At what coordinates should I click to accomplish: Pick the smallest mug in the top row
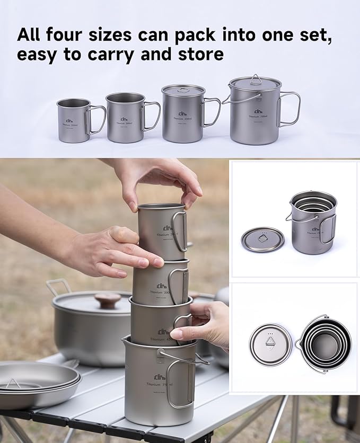pos(74,120)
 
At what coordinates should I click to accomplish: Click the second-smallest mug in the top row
pos(125,118)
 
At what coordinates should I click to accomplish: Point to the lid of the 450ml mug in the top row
pos(183,90)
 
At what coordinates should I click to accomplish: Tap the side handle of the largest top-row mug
pos(289,109)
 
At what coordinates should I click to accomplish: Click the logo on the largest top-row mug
pos(258,111)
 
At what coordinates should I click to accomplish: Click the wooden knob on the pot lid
pos(108,300)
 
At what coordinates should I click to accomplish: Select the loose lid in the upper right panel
pos(262,240)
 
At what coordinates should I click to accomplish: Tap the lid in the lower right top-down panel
pos(270,344)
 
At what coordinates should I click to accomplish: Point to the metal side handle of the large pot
pos(58,287)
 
